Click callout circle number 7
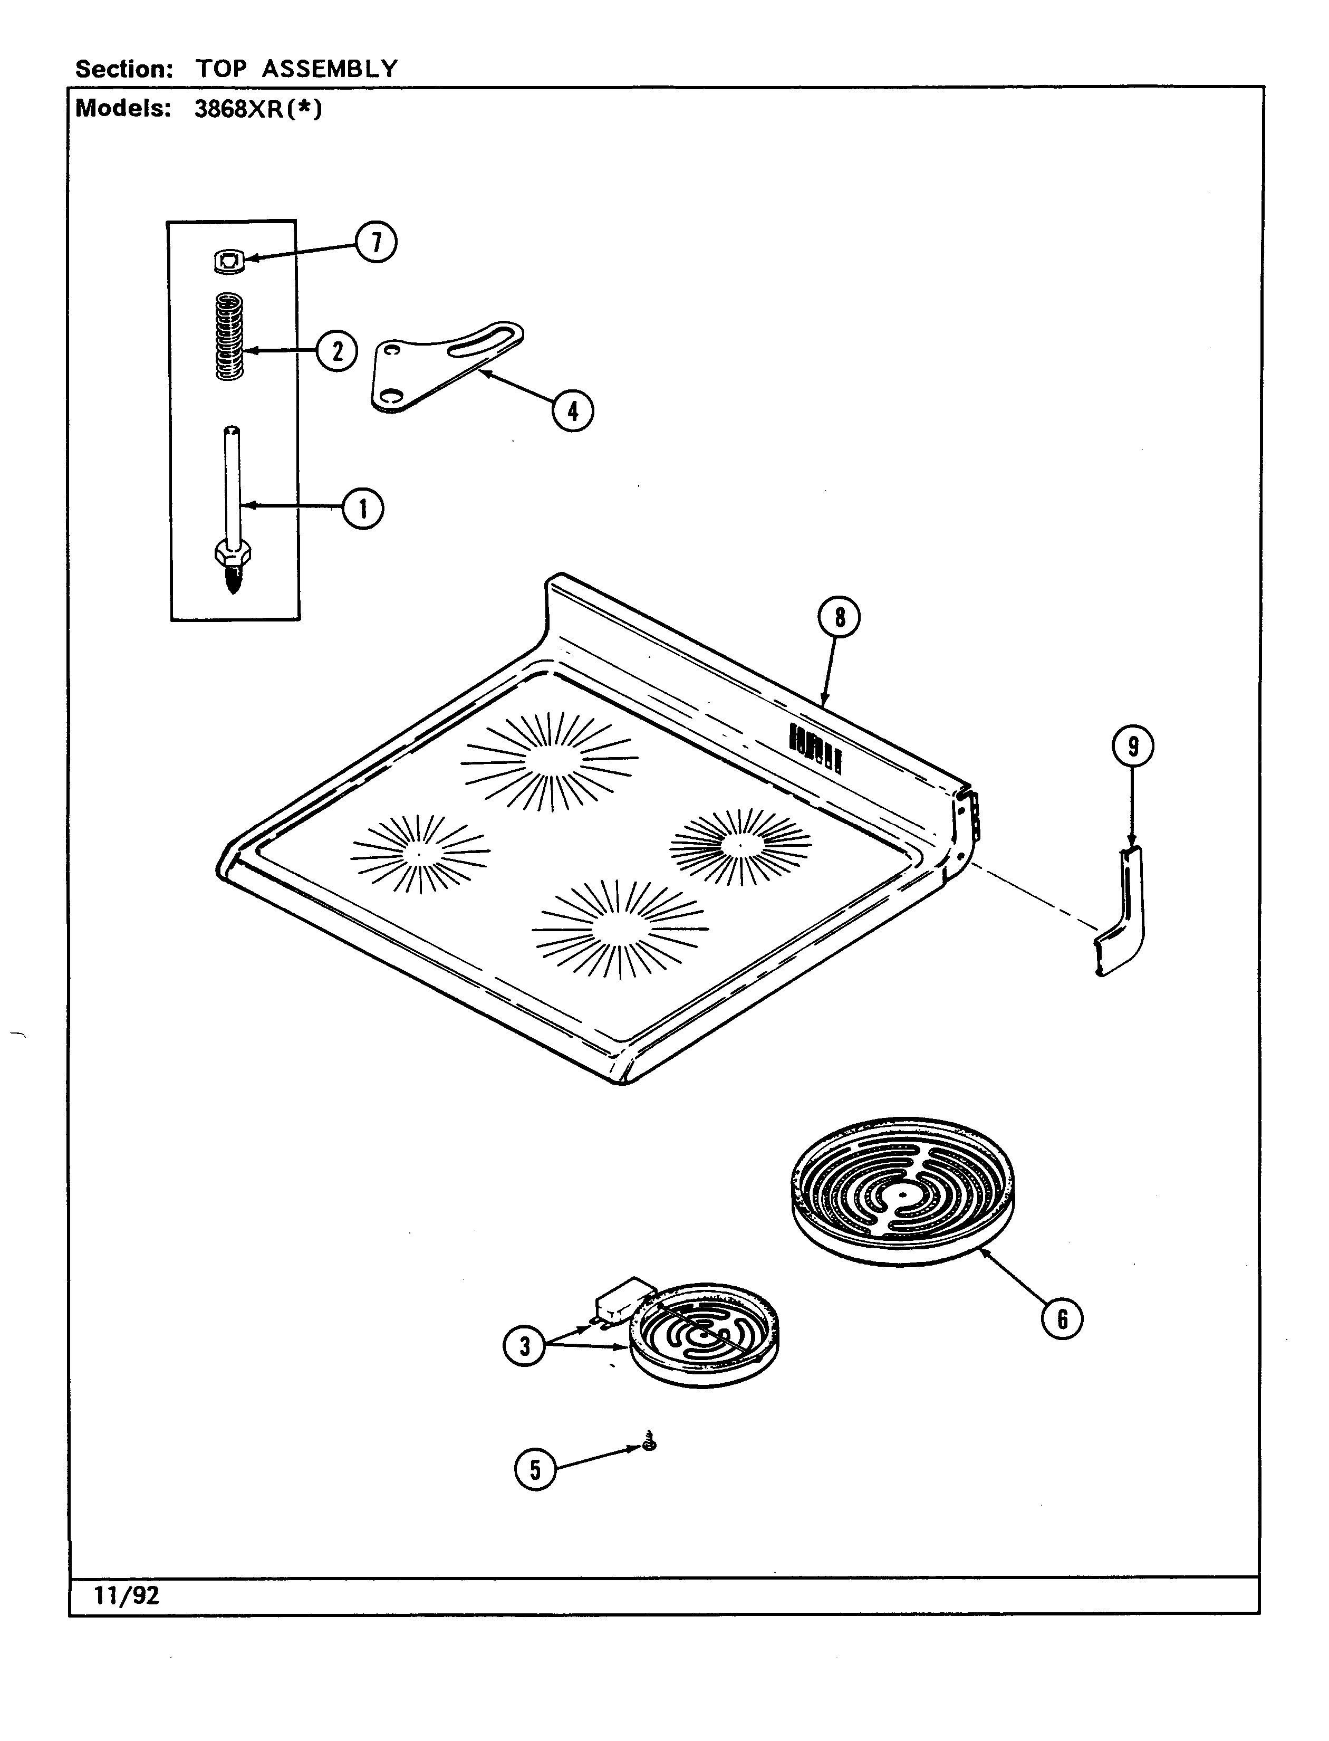pyautogui.click(x=375, y=242)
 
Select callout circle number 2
pyautogui.click(x=338, y=351)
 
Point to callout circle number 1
pyautogui.click(x=363, y=509)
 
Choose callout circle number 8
pyautogui.click(x=840, y=617)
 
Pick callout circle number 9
pyautogui.click(x=1133, y=746)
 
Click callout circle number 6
pyautogui.click(x=1062, y=1318)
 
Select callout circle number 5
pyautogui.click(x=536, y=1470)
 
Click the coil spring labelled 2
pyautogui.click(x=229, y=337)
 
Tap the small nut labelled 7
pyautogui.click(x=229, y=261)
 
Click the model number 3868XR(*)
pyautogui.click(x=258, y=109)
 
